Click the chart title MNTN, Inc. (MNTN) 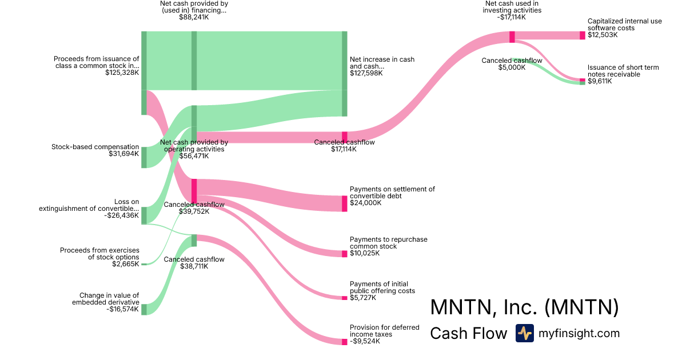[524, 307]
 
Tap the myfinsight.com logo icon [524, 333]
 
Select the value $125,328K [122, 73]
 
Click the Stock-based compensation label [95, 147]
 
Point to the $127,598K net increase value [366, 73]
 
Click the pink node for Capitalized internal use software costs [583, 35]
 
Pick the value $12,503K [603, 35]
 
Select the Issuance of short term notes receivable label [623, 71]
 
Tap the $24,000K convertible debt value [365, 202]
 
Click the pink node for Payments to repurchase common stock [344, 254]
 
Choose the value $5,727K [364, 297]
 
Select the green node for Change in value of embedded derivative [144, 309]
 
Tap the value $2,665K [125, 263]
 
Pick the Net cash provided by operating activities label [194, 146]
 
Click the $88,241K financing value [194, 17]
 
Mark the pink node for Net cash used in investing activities [512, 37]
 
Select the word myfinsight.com [579, 333]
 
